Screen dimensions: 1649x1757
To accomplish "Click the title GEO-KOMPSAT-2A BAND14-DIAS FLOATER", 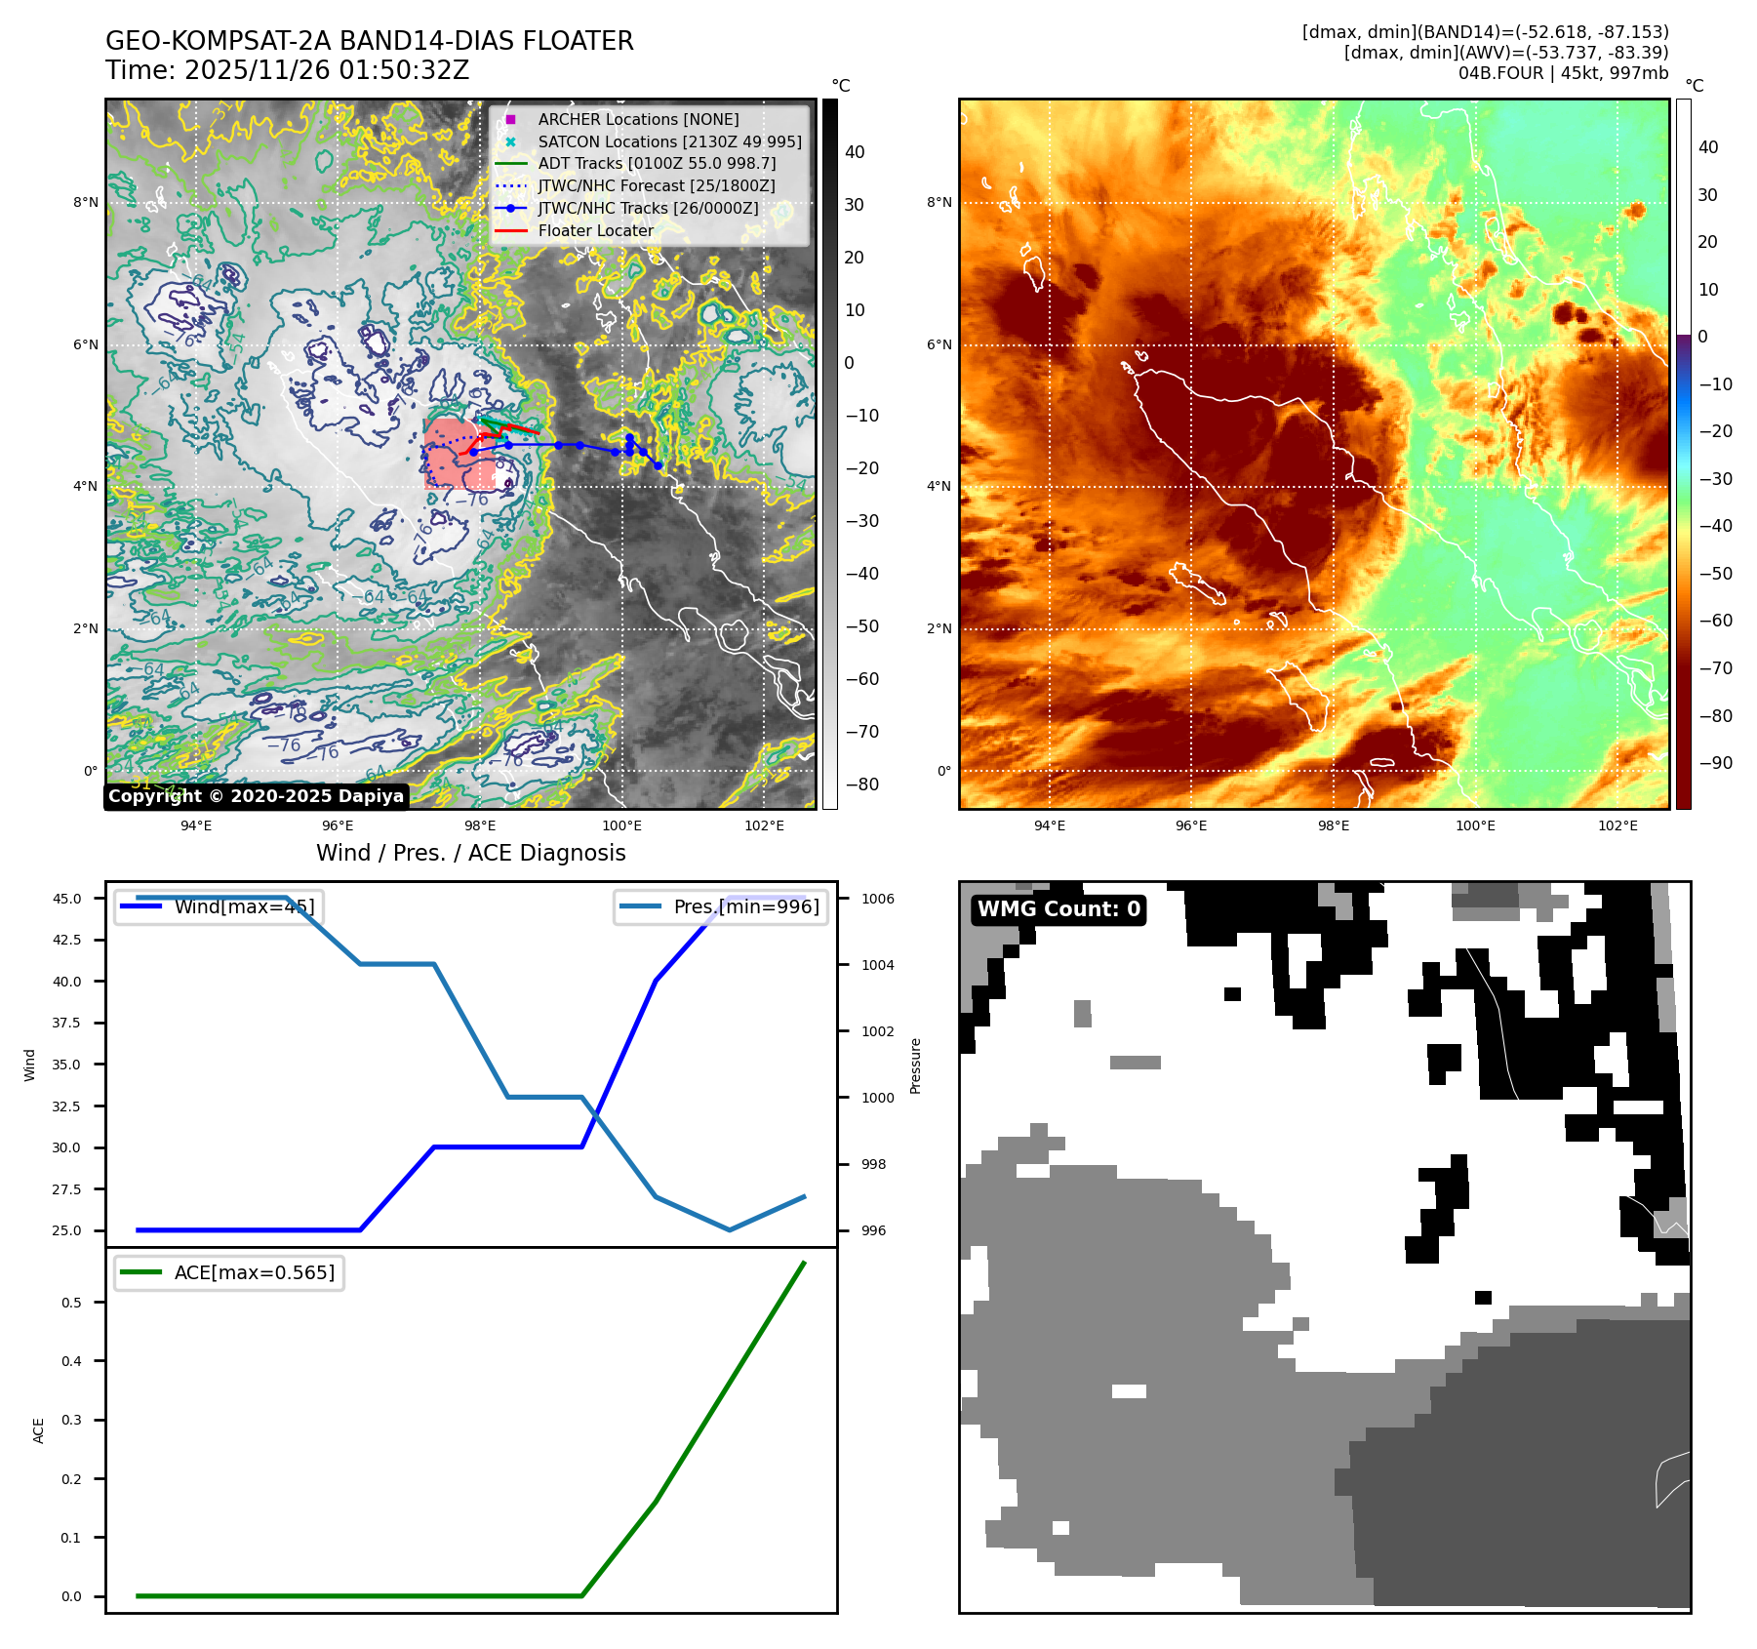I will click(x=369, y=41).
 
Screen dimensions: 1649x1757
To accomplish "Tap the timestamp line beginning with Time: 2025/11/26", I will click(x=287, y=70).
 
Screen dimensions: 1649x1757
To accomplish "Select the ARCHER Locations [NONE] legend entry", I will click(x=638, y=119).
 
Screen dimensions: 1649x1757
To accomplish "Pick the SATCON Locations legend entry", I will click(x=669, y=141).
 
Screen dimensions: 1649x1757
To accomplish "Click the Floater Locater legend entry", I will click(x=595, y=230).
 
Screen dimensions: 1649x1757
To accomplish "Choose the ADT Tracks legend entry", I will click(x=657, y=163).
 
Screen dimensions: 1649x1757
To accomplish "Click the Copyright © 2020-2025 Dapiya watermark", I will click(x=256, y=796).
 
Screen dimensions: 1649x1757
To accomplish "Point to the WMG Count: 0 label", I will click(x=1058, y=909).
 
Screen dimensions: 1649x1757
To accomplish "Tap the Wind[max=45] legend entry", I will click(x=244, y=906).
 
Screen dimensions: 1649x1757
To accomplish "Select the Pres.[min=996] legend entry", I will click(x=746, y=906).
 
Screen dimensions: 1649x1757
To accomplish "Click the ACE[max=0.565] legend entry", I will click(x=254, y=1272).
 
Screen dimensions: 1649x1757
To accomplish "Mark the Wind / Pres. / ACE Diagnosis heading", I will click(x=470, y=853).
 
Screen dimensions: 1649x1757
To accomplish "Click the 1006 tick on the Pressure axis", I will click(x=877, y=899).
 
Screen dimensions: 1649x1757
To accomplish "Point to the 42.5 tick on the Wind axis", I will click(x=67, y=940).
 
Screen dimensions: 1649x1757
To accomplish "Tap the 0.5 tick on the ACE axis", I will click(x=71, y=1303).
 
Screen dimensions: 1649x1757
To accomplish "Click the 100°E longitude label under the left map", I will click(x=621, y=825).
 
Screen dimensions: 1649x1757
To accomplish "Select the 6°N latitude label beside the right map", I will click(x=938, y=344).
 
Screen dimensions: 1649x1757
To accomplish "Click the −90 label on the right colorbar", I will click(x=1715, y=763).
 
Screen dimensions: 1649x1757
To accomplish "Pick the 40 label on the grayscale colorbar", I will click(x=855, y=151).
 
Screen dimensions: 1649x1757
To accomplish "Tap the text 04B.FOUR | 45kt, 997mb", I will click(x=1563, y=73).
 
